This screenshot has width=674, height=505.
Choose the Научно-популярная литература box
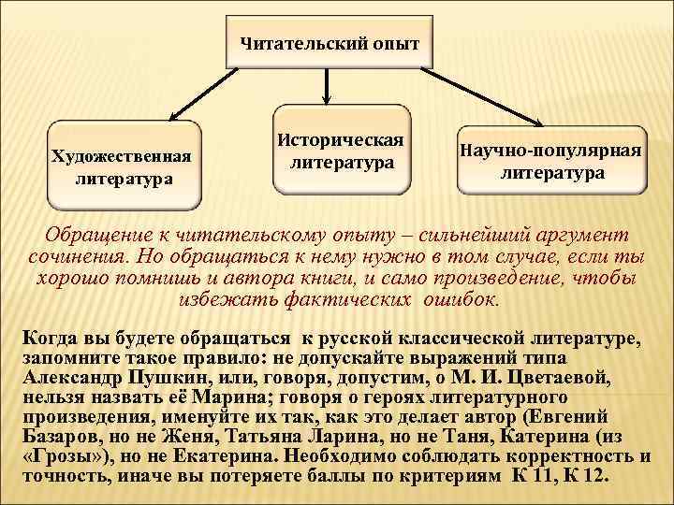pos(551,160)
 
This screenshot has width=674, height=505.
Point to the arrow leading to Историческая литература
pos(326,90)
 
